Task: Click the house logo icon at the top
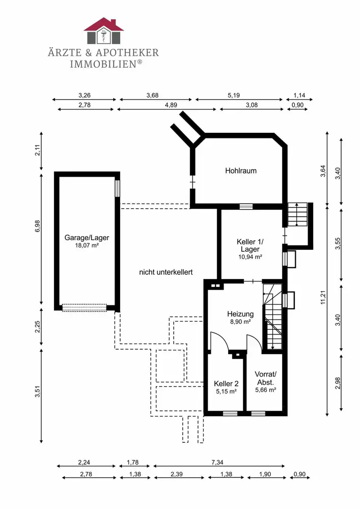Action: pyautogui.click(x=103, y=31)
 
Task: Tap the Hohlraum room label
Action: pyautogui.click(x=241, y=171)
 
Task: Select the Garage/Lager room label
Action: pyautogui.click(x=87, y=238)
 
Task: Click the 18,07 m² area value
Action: pyautogui.click(x=87, y=246)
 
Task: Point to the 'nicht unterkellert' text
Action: pyautogui.click(x=166, y=272)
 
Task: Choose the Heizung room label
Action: pyautogui.click(x=240, y=314)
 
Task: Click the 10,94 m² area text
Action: pyautogui.click(x=250, y=257)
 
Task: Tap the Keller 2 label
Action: pyautogui.click(x=226, y=384)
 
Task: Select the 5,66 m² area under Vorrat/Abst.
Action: pyautogui.click(x=265, y=390)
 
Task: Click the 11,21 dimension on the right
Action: pyautogui.click(x=323, y=297)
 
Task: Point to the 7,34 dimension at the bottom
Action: pyautogui.click(x=217, y=462)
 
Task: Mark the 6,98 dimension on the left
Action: pyautogui.click(x=38, y=226)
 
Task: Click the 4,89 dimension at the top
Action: pyautogui.click(x=171, y=105)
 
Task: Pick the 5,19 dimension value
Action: pyautogui.click(x=233, y=96)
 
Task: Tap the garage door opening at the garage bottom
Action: pyautogui.click(x=85, y=307)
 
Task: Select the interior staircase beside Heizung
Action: pyautogui.click(x=273, y=317)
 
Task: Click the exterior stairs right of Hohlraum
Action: pyautogui.click(x=298, y=214)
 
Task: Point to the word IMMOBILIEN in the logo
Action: pyautogui.click(x=106, y=64)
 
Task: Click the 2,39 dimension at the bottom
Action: pyautogui.click(x=177, y=474)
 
